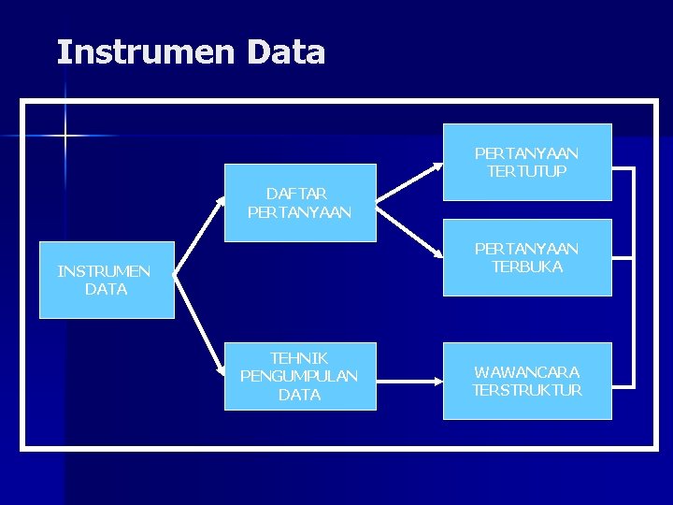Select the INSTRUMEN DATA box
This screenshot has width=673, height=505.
106,281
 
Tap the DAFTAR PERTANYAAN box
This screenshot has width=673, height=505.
299,203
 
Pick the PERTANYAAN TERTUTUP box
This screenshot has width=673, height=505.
526,162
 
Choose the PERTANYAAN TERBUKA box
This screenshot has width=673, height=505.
526,257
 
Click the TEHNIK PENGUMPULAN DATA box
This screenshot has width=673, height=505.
299,376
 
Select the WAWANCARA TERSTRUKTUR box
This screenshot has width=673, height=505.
526,381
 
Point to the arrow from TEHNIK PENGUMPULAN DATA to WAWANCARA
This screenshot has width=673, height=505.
408,382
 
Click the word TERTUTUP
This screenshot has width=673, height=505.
526,171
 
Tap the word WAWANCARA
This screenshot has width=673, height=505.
526,371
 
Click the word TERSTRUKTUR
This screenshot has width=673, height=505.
526,390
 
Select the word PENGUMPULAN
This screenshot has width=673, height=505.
299,376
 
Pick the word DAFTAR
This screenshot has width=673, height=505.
296,194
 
